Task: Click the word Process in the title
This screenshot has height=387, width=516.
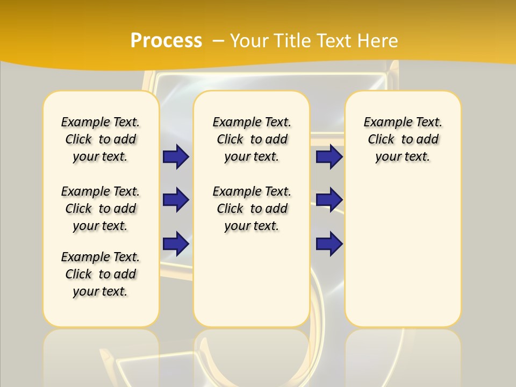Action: pyautogui.click(x=166, y=41)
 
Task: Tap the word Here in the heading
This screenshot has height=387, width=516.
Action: pyautogui.click(x=378, y=41)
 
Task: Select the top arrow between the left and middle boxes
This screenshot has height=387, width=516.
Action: pyautogui.click(x=176, y=156)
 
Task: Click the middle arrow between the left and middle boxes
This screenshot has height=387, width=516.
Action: pyautogui.click(x=176, y=200)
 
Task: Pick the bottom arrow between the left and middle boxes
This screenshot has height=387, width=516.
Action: pyautogui.click(x=176, y=243)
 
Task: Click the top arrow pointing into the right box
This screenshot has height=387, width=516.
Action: pyautogui.click(x=329, y=156)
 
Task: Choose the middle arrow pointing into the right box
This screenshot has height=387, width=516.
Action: pyautogui.click(x=329, y=200)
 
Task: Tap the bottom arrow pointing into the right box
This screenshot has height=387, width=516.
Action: pyautogui.click(x=329, y=244)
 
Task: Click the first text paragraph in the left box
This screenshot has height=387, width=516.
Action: pyautogui.click(x=101, y=139)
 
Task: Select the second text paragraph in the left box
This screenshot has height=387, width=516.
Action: pyautogui.click(x=101, y=209)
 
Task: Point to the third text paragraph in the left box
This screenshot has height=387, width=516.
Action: pyautogui.click(x=101, y=274)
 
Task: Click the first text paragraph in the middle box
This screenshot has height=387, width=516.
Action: pyautogui.click(x=252, y=139)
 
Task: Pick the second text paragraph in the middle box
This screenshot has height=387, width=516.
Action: pyautogui.click(x=252, y=209)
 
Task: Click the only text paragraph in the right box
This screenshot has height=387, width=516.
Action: pyautogui.click(x=403, y=139)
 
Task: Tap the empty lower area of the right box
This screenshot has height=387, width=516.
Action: pyautogui.click(x=403, y=253)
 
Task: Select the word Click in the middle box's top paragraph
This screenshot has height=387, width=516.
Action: pyautogui.click(x=230, y=140)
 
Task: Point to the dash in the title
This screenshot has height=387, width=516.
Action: pyautogui.click(x=218, y=41)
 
